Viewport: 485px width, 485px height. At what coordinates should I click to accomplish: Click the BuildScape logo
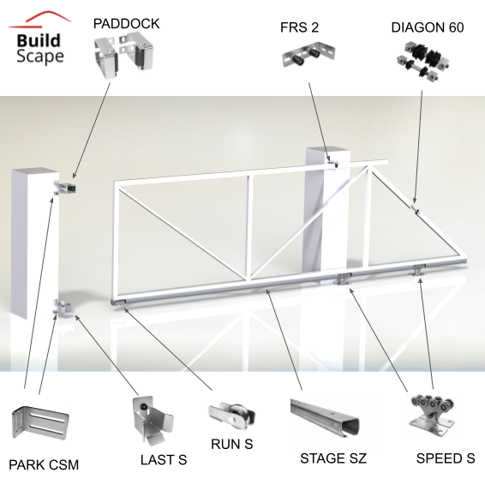(x=39, y=38)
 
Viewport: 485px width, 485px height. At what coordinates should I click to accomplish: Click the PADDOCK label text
(x=126, y=24)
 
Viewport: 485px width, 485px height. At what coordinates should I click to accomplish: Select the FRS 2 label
(x=299, y=27)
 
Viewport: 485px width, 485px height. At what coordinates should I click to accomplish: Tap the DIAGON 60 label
(x=427, y=27)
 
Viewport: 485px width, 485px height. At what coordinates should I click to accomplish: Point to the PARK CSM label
(x=44, y=464)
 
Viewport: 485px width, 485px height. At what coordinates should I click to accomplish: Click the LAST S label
(x=164, y=459)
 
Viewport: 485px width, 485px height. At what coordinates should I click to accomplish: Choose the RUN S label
(x=231, y=444)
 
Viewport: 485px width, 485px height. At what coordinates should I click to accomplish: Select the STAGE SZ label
(x=333, y=458)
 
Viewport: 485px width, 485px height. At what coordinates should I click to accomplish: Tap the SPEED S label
(x=446, y=458)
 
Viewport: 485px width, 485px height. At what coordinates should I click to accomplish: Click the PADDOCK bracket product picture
(x=123, y=55)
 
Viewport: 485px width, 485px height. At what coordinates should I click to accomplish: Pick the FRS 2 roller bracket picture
(x=308, y=54)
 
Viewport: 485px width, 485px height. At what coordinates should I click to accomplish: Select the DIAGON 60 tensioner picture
(x=423, y=60)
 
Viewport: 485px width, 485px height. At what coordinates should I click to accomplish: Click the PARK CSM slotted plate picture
(x=40, y=422)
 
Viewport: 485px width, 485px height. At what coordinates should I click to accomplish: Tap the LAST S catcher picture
(x=153, y=420)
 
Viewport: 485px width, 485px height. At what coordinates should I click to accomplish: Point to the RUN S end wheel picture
(x=231, y=415)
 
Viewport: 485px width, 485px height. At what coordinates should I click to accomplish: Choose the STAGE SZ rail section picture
(x=325, y=417)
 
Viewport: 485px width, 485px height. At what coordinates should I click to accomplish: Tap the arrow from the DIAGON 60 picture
(x=418, y=147)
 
